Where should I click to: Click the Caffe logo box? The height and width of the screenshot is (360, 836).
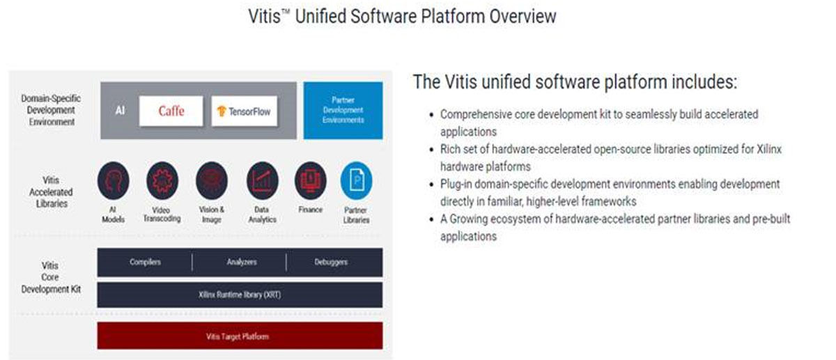[171, 111]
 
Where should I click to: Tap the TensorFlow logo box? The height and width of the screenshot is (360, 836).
[244, 111]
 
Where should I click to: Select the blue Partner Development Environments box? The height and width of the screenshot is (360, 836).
[343, 111]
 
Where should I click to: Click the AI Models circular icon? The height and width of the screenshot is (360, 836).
[114, 180]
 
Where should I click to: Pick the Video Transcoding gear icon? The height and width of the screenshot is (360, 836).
[162, 180]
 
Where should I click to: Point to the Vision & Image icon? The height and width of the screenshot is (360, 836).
[212, 180]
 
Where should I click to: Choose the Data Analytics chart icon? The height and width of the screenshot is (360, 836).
[263, 180]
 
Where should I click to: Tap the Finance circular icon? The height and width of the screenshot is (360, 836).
[311, 180]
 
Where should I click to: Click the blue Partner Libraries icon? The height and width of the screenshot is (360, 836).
[357, 180]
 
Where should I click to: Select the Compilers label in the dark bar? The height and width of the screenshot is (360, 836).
[145, 262]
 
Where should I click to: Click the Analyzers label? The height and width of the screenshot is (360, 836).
[242, 262]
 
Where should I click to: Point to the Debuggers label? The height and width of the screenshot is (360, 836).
[331, 262]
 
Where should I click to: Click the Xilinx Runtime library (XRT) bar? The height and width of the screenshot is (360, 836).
[240, 295]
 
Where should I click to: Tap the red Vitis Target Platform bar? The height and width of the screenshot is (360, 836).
[240, 336]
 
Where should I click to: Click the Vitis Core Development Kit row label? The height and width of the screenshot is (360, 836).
[51, 277]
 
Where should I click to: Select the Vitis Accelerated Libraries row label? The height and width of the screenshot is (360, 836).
[51, 191]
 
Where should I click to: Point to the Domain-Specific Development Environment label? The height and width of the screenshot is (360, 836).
[51, 110]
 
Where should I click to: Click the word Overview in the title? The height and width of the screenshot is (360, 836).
[522, 16]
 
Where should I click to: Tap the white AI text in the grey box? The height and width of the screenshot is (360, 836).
[120, 111]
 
